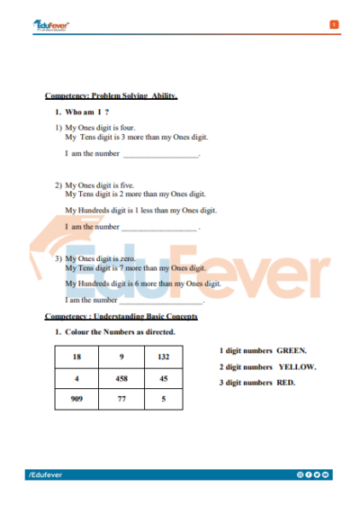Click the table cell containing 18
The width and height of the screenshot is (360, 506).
tap(76, 357)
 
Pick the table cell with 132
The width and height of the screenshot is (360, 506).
tap(163, 357)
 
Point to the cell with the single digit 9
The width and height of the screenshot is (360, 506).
tap(121, 357)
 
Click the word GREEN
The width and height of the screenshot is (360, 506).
tap(292, 350)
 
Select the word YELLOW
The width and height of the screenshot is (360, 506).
tap(297, 366)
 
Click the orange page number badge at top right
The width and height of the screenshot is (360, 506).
tap(334, 24)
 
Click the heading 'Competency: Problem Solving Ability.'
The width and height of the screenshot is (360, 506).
tap(112, 95)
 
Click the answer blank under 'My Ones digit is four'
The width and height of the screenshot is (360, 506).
tap(160, 155)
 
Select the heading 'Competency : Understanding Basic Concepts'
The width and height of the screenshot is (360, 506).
tap(121, 316)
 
